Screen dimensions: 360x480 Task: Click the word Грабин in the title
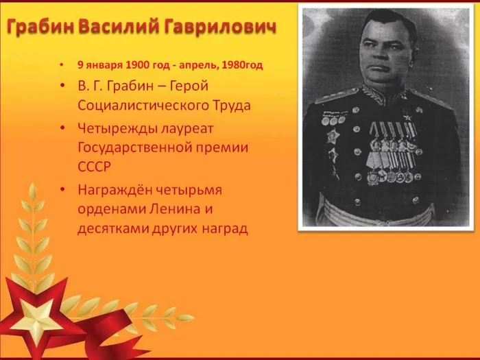coord(40,28)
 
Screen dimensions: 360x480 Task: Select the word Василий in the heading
coord(120,28)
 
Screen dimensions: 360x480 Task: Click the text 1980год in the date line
coord(241,65)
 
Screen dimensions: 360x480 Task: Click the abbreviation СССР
coord(95,166)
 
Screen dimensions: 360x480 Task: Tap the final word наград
coord(223,228)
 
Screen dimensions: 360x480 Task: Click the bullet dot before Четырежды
coord(62,128)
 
